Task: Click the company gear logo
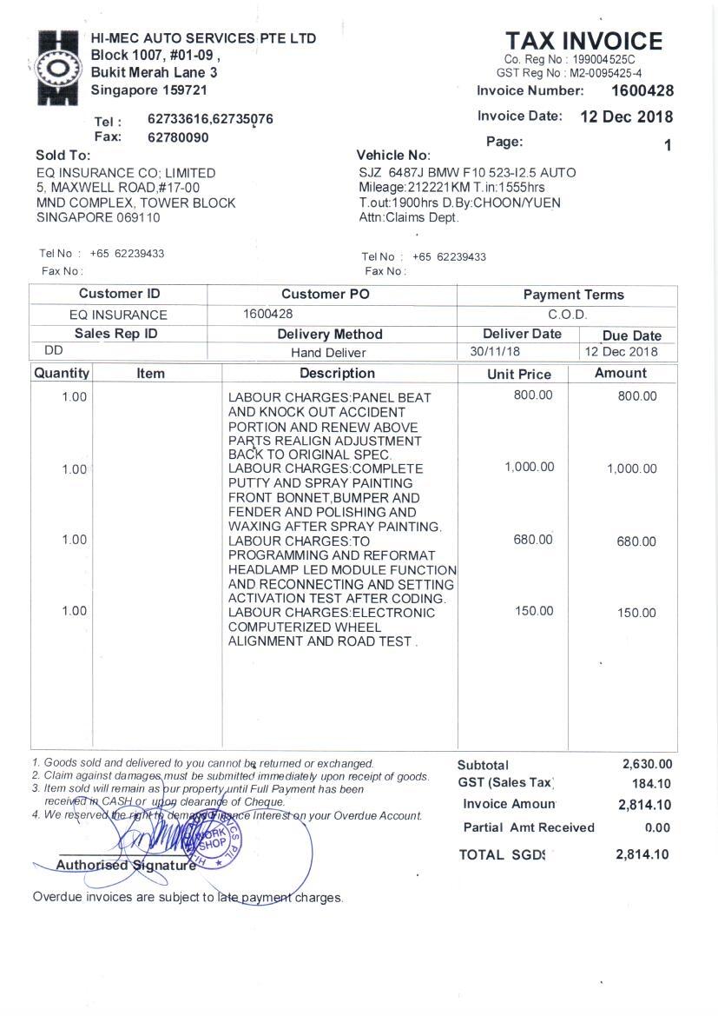58,67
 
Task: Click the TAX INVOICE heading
583,41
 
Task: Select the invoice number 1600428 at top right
642,90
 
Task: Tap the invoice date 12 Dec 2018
626,116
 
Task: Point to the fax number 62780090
178,137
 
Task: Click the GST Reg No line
569,73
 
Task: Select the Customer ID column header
119,294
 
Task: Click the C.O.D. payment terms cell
568,315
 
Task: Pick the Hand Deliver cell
328,353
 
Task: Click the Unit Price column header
519,375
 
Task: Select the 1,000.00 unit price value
529,468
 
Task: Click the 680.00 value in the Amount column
636,541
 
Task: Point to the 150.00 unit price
533,611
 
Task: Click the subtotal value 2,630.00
647,764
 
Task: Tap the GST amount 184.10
651,784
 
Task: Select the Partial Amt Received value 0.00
657,828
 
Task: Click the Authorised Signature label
125,866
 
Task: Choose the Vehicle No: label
393,155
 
